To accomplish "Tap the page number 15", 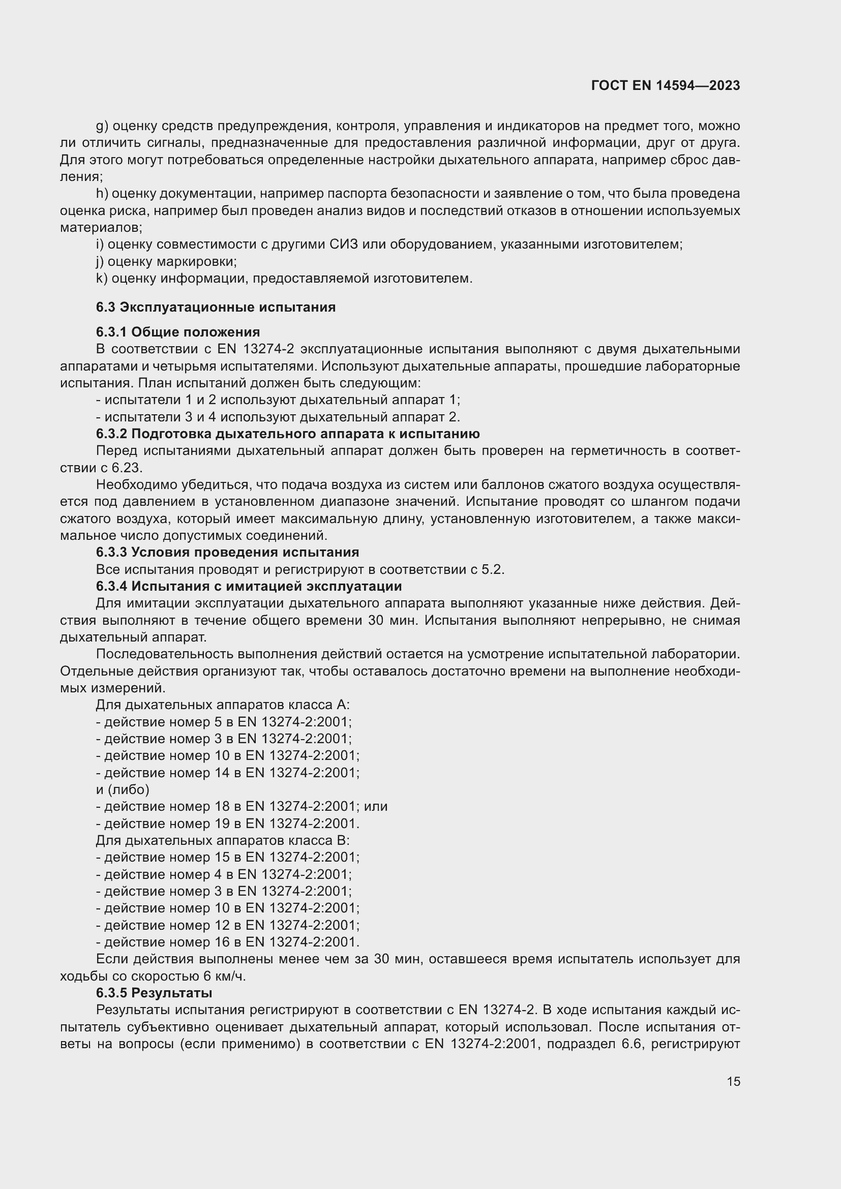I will [733, 1081].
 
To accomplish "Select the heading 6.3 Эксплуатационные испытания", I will [216, 307].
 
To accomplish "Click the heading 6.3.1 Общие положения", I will [177, 332].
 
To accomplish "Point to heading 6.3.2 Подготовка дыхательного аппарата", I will [287, 434].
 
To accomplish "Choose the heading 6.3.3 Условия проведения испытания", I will [227, 552].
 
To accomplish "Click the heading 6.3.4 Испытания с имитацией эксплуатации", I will [249, 586].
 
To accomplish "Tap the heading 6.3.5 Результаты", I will [154, 993].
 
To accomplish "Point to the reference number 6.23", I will [127, 468].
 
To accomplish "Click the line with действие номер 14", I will [227, 773].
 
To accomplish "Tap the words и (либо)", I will [123, 789].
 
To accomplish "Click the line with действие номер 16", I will [227, 941].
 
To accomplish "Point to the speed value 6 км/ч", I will [224, 976].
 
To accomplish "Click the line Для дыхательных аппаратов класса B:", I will [223, 840].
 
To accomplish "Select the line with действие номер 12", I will [227, 925].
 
